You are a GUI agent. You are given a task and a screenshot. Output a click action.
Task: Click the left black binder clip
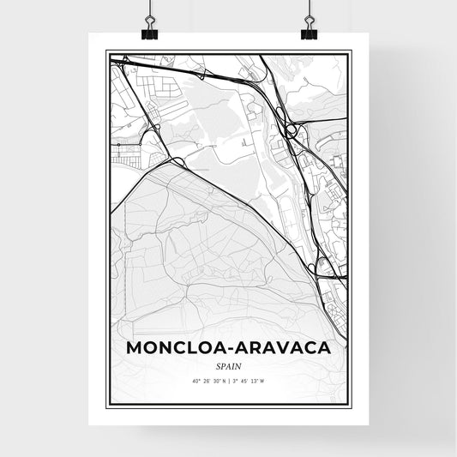(x=149, y=32)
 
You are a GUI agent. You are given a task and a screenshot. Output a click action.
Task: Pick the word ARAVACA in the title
(x=284, y=351)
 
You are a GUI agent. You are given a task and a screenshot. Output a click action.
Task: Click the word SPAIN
(x=228, y=367)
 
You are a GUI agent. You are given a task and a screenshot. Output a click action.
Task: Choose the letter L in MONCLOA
(x=195, y=351)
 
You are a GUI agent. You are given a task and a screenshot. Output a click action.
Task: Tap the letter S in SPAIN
(x=219, y=367)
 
